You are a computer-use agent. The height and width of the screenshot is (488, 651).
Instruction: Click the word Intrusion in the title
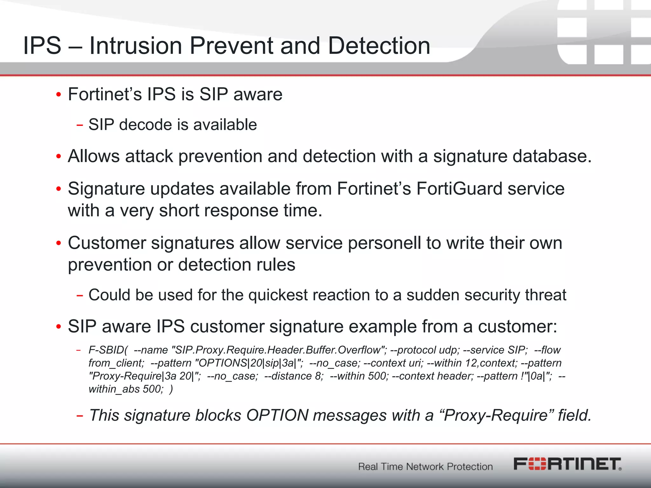(136, 46)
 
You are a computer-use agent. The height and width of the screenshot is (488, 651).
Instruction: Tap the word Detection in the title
(379, 46)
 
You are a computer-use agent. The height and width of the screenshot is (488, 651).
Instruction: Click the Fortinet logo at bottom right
(567, 464)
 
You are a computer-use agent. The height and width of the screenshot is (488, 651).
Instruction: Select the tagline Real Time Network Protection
(425, 466)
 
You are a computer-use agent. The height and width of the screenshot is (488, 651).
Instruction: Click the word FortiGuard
(459, 189)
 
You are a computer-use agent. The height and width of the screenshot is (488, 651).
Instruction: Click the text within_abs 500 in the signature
(126, 389)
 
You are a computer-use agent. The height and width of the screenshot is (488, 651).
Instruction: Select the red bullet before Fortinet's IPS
(58, 95)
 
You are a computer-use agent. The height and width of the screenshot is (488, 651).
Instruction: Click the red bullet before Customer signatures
(58, 244)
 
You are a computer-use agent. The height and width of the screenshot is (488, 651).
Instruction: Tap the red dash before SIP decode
(79, 125)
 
